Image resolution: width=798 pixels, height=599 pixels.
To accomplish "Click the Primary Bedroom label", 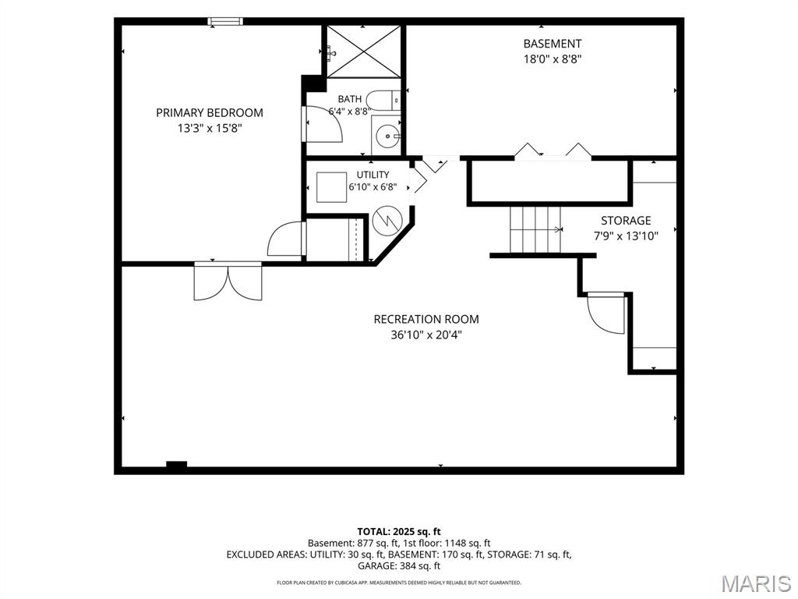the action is pos(209,112).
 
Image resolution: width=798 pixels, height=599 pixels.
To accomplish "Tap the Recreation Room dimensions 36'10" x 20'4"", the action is pos(426,335).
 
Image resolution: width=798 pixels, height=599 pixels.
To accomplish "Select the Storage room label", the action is pos(626,221).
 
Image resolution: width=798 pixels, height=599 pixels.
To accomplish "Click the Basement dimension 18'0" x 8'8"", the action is pos(553,59).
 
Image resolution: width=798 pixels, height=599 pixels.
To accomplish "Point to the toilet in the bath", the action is pos(383,100).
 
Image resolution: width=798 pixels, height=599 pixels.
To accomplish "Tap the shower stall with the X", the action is pos(363,51).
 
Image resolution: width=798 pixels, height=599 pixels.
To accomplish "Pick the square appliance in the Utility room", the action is pos(332,187).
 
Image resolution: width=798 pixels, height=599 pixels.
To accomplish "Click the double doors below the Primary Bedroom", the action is pos(228,281).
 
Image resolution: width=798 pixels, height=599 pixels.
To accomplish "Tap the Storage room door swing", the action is pos(606,313).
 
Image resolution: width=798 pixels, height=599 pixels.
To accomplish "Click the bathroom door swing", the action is pos(323,124).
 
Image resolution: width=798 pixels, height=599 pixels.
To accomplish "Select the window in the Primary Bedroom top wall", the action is pos(225,21).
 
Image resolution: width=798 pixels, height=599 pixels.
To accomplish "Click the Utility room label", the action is pos(373,175).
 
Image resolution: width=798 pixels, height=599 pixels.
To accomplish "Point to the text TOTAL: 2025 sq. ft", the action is pos(399,532).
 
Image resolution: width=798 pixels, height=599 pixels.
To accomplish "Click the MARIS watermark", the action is pos(756,583).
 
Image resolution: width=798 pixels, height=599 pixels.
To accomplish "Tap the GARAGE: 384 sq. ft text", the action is pos(399,566).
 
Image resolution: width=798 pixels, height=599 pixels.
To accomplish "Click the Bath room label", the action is pos(350,99).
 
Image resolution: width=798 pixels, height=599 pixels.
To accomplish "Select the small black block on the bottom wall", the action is pos(177,465).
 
